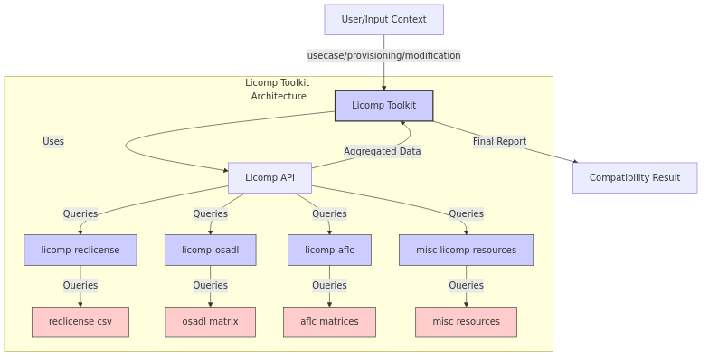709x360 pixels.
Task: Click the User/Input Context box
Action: [x=383, y=20]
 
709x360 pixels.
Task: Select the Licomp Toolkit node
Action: [x=383, y=106]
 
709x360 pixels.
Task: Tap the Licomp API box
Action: [x=269, y=178]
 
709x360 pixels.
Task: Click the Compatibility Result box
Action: [x=634, y=178]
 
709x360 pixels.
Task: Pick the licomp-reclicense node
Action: [x=80, y=251]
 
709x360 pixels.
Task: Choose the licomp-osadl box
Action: [x=210, y=251]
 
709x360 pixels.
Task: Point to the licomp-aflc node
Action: [x=329, y=251]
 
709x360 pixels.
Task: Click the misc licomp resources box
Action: [x=466, y=251]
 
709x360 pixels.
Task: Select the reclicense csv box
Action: [x=80, y=322]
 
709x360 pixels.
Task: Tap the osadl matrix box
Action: [x=210, y=322]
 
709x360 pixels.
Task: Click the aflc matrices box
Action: [x=329, y=322]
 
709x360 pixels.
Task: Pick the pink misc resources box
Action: [x=466, y=322]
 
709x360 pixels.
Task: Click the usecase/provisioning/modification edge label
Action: [x=383, y=56]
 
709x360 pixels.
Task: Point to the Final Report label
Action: [x=499, y=142]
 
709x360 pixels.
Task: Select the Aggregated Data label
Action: [x=382, y=152]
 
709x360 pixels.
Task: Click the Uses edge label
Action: [x=53, y=142]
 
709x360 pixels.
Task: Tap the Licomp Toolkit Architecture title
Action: [x=278, y=90]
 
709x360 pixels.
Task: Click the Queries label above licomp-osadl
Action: [x=210, y=214]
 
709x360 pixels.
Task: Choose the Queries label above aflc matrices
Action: [x=329, y=286]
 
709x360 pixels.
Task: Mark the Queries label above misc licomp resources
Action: [x=466, y=214]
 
